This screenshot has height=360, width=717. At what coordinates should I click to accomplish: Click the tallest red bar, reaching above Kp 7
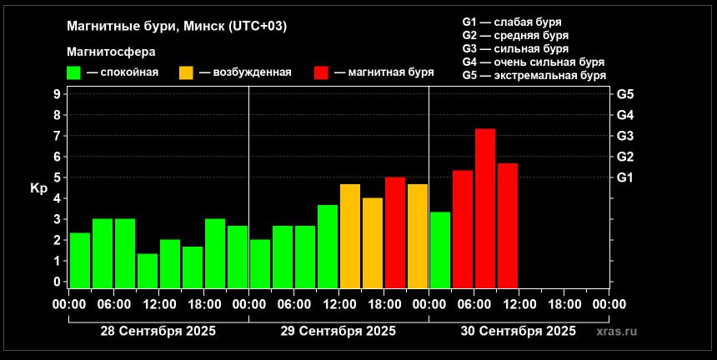click(x=485, y=208)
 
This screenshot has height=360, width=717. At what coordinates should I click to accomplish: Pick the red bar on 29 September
click(x=395, y=232)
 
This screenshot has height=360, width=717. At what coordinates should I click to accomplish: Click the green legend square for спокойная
click(x=75, y=72)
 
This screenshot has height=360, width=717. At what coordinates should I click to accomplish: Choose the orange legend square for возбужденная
click(x=187, y=72)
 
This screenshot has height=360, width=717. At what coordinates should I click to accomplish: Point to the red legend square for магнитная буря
click(x=321, y=72)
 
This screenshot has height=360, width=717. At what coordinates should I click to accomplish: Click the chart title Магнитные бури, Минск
click(x=177, y=26)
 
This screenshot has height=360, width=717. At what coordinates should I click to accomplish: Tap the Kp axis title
click(x=38, y=188)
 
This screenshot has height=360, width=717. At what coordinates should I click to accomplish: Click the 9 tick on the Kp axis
click(x=56, y=94)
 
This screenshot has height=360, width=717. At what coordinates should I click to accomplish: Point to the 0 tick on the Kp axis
click(x=56, y=282)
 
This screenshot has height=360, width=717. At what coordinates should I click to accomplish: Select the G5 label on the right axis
click(x=625, y=94)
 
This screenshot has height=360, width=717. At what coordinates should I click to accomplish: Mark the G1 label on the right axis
click(x=625, y=177)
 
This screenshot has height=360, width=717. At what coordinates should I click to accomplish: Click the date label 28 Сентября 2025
click(x=158, y=331)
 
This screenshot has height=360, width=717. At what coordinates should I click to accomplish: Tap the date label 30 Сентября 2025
click(x=519, y=331)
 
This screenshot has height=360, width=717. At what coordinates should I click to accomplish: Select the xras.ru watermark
click(x=616, y=332)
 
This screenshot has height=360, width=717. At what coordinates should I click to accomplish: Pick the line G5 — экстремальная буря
click(x=534, y=76)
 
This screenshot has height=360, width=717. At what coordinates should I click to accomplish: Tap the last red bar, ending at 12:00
click(x=508, y=225)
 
